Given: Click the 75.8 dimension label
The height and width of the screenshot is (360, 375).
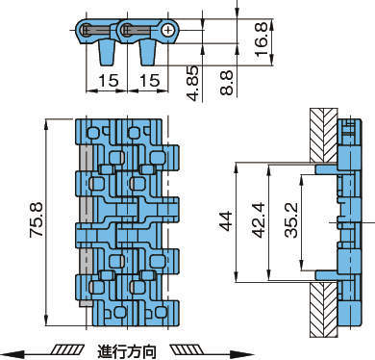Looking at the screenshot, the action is (x=37, y=220).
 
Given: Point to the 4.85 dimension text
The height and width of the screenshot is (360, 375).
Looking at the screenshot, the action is (x=192, y=83).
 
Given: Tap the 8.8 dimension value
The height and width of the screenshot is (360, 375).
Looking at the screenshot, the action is (x=227, y=83).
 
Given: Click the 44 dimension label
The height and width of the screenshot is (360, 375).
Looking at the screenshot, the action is (x=226, y=220).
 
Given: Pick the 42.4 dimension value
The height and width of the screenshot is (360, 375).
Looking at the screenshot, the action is (x=259, y=219).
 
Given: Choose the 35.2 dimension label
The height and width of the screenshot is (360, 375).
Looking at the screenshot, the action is (x=291, y=219).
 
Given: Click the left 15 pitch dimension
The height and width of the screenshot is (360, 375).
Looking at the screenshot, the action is (x=109, y=80).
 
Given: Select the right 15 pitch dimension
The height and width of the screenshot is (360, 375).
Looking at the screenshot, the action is (x=149, y=80).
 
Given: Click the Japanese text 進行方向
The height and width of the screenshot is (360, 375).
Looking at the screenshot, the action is (x=127, y=351).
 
